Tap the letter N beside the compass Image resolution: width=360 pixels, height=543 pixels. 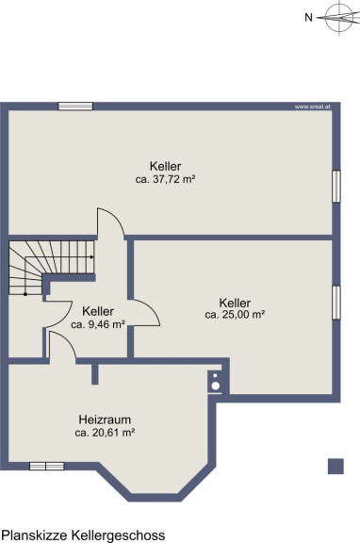308,17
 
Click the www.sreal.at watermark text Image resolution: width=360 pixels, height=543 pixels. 312,107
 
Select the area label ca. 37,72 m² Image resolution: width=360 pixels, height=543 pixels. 166,179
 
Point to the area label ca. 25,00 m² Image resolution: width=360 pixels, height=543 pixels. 235,315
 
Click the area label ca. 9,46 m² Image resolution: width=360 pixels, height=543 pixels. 98,325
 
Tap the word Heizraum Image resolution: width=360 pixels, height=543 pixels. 105,420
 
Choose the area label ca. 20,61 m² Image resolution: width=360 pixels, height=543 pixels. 105,433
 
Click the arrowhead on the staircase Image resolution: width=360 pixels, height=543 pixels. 91,257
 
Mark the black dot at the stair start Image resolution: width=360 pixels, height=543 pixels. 25,294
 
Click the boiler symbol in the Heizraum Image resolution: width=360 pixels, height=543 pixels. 215,382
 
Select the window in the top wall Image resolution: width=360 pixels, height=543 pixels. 75,107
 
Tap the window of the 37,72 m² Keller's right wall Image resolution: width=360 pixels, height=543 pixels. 336,186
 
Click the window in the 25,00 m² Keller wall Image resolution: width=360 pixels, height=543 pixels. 336,303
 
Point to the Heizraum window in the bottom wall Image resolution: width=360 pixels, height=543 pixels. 47,466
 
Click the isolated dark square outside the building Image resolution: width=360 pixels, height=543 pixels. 335,466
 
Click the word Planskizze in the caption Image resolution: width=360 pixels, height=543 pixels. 35,535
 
